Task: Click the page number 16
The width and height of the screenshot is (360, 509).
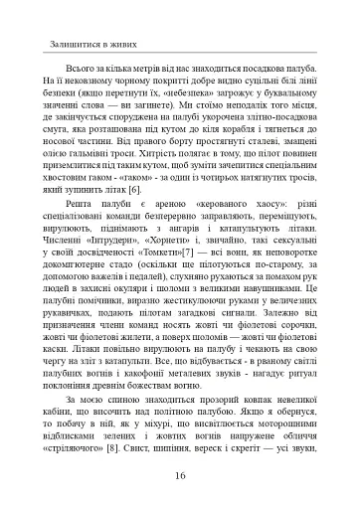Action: (x=180, y=475)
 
